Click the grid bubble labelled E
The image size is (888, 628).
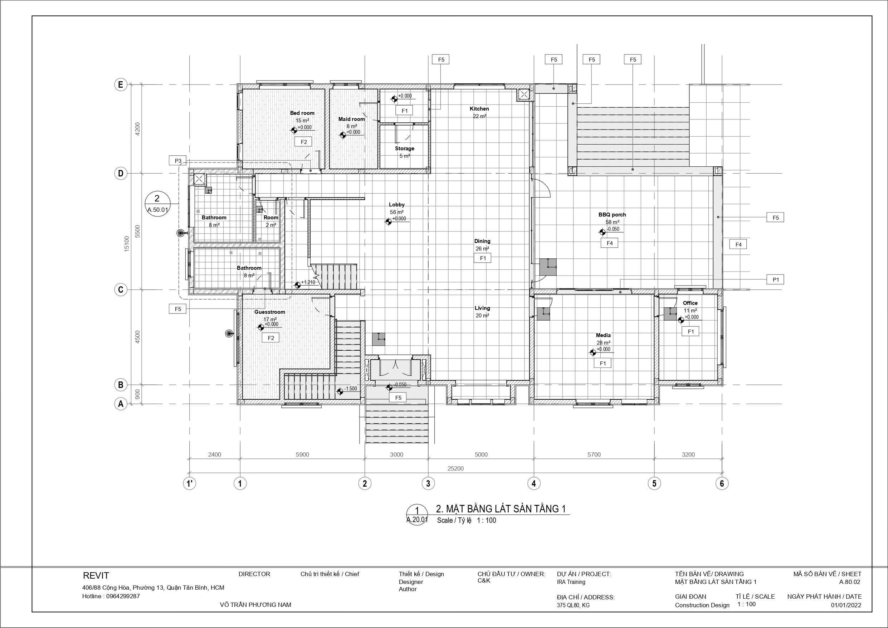pos(121,84)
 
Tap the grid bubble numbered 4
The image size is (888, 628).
pos(534,483)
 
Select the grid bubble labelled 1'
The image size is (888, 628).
pos(190,483)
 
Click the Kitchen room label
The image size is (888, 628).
pos(479,109)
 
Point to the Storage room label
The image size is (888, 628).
pos(405,149)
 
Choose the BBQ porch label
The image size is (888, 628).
pos(612,215)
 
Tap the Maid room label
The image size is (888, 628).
pos(352,119)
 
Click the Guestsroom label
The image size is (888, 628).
pos(269,312)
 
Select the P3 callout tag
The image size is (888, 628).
pos(178,161)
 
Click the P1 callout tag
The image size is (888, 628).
pos(775,279)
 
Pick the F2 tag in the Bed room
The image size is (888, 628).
pos(304,142)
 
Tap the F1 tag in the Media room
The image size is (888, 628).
pos(602,363)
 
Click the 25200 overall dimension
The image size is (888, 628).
pos(455,468)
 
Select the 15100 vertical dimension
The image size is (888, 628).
pos(127,244)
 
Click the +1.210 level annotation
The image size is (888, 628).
pos(308,282)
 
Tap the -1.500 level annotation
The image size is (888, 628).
pos(351,389)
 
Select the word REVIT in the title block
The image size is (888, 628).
pos(96,576)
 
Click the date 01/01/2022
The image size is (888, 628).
pos(846,605)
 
